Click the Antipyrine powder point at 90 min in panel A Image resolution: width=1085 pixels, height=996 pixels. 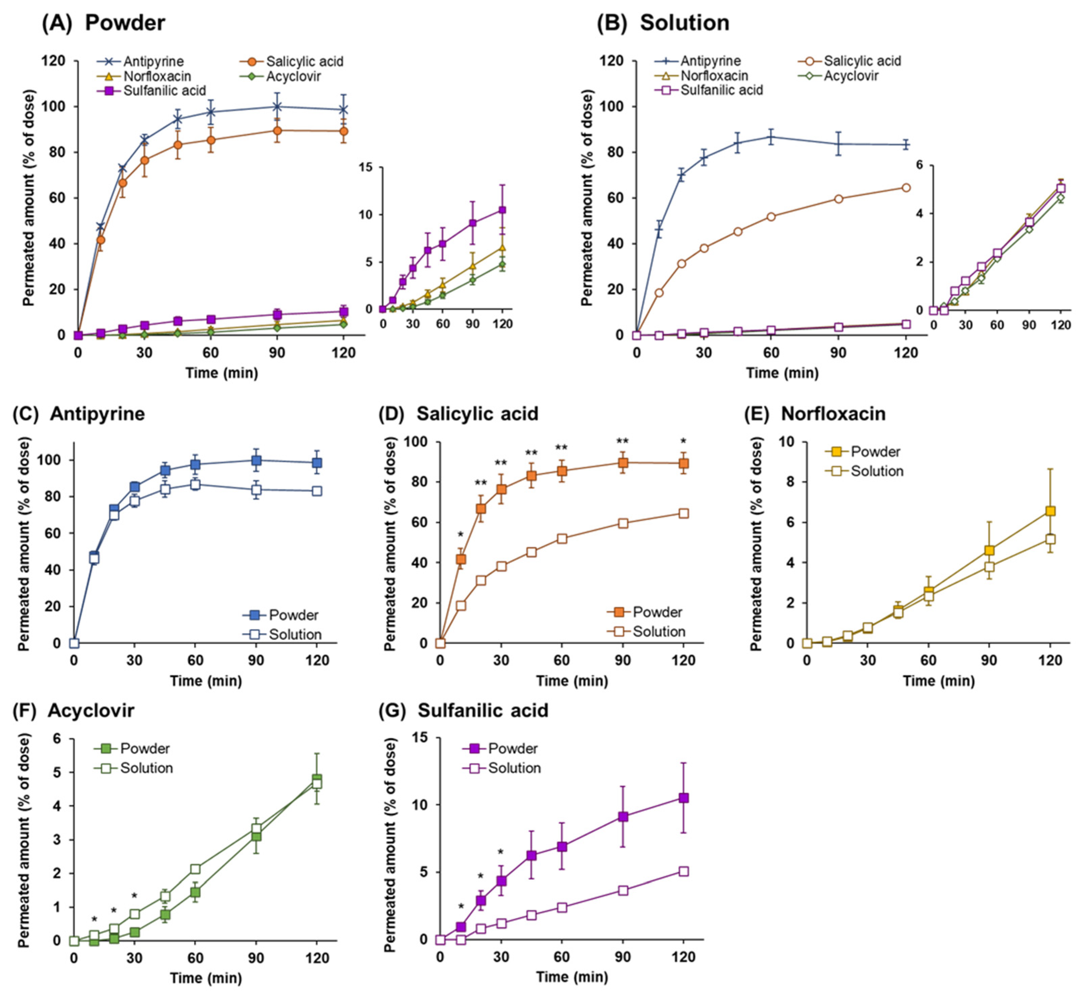tap(277, 107)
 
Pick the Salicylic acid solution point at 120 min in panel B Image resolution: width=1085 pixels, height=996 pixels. tap(906, 188)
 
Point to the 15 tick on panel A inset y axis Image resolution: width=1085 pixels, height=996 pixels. tap(366, 167)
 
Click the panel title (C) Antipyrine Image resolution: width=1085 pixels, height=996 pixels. tap(79, 414)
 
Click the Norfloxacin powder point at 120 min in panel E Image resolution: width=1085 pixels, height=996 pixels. tap(1050, 511)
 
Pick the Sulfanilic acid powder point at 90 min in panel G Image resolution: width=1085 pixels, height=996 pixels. tap(623, 817)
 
